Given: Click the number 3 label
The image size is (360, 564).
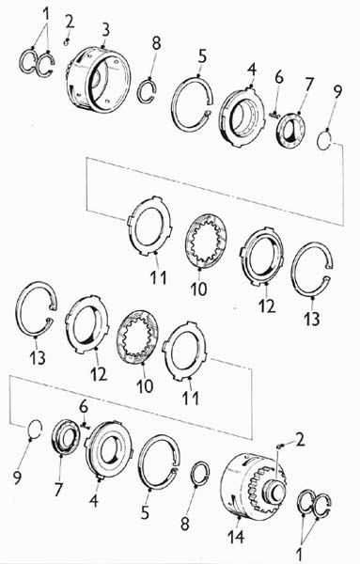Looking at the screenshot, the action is pyautogui.click(x=105, y=31).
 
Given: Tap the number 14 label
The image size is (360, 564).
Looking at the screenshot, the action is pyautogui.click(x=236, y=537).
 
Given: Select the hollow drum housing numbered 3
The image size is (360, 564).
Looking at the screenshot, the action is pyautogui.click(x=98, y=79).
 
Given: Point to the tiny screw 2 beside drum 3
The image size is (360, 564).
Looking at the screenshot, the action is pyautogui.click(x=66, y=42).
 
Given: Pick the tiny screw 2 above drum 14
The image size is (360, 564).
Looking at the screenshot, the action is pyautogui.click(x=280, y=446).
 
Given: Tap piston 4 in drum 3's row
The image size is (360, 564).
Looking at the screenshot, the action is pyautogui.click(x=243, y=116).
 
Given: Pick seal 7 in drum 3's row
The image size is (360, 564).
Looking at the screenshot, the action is pyautogui.click(x=290, y=131).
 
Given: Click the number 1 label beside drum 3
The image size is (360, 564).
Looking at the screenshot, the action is pyautogui.click(x=46, y=14).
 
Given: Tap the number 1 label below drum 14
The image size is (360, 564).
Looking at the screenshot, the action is pyautogui.click(x=299, y=554).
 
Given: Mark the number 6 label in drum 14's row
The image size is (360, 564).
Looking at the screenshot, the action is pyautogui.click(x=84, y=407).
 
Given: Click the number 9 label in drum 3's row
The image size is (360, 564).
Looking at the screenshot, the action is pyautogui.click(x=337, y=92).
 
